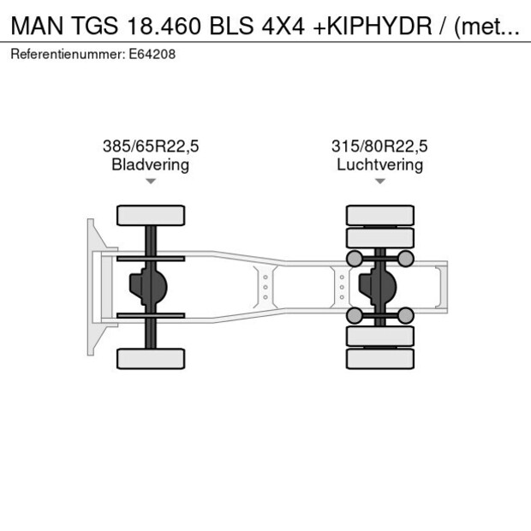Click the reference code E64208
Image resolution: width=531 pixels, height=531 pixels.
click(152, 54)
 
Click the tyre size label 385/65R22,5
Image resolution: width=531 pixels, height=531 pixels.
click(151, 146)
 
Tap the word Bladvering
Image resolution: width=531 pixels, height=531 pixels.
click(151, 164)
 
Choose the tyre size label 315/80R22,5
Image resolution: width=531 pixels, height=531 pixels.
click(379, 146)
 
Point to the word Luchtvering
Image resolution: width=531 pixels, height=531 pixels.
click(379, 164)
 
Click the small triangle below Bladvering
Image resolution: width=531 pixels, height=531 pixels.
click(151, 182)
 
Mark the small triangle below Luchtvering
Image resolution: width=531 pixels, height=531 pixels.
click(379, 182)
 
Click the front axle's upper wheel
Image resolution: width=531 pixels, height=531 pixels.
click(151, 215)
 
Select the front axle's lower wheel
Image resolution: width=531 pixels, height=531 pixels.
click(151, 358)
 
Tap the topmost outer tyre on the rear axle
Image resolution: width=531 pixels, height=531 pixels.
click(379, 215)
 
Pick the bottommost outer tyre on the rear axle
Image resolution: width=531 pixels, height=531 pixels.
click(379, 358)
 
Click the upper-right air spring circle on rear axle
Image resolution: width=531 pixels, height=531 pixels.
click(406, 259)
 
